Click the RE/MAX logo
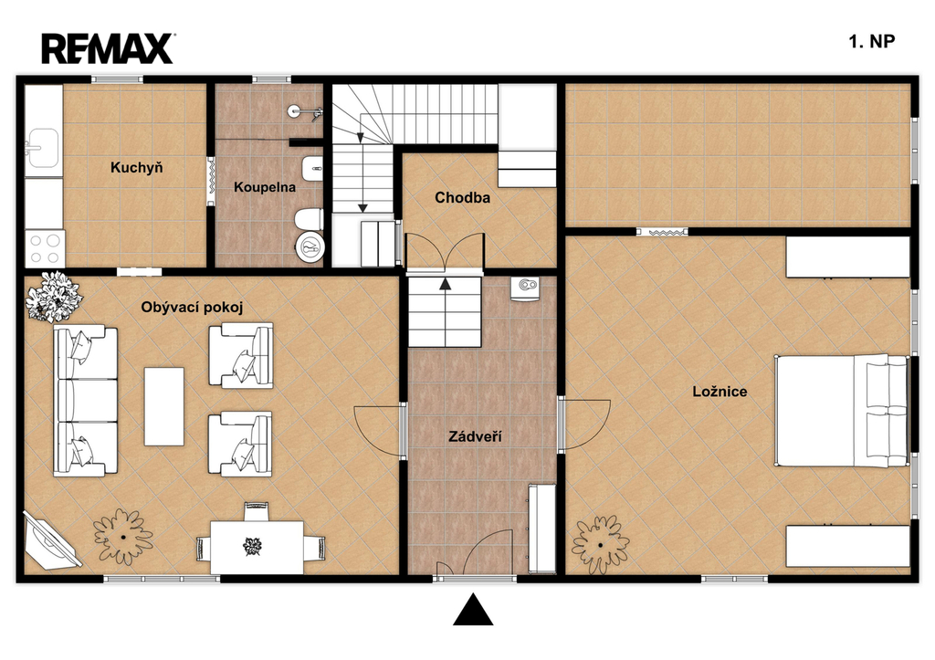[108, 49]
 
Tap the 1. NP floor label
[872, 41]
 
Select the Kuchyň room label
[137, 168]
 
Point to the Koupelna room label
[264, 187]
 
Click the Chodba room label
[462, 197]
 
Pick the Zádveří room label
[475, 437]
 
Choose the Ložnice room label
[720, 392]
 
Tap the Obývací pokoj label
[192, 308]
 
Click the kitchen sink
[42, 148]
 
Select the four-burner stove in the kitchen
[45, 249]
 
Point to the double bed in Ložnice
[841, 411]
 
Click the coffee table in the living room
[164, 406]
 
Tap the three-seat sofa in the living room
[85, 401]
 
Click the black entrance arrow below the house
[474, 610]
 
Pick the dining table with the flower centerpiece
[257, 547]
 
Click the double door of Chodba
[445, 253]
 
